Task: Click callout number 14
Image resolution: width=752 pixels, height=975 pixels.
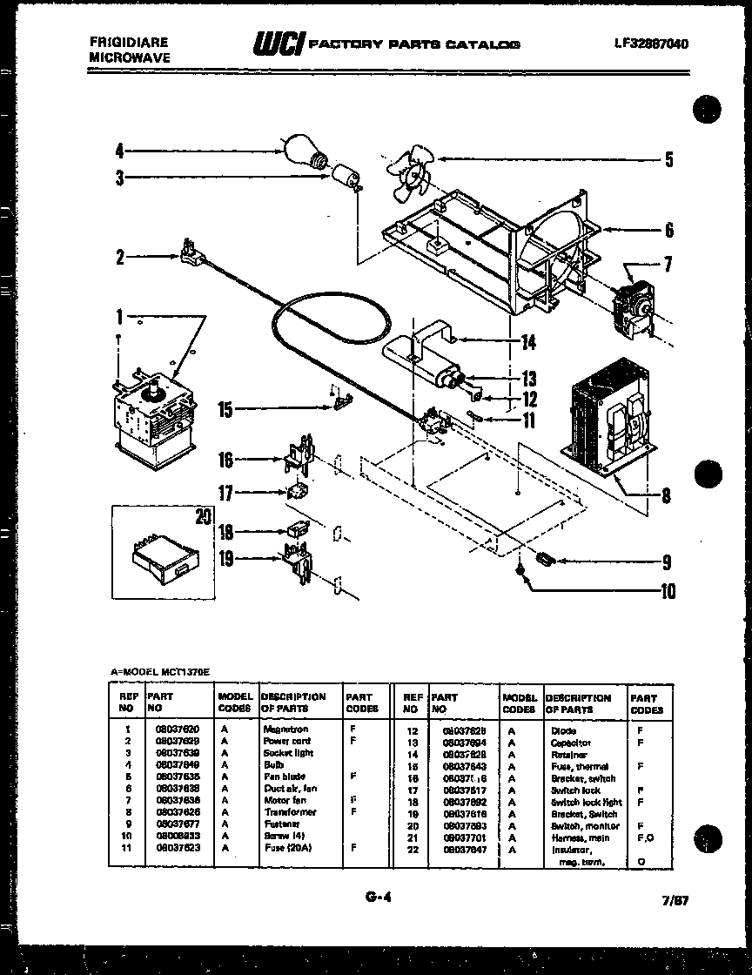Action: click(x=527, y=342)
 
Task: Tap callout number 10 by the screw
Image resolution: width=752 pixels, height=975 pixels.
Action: click(x=667, y=592)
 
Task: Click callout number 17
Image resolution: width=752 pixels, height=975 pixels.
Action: click(x=225, y=494)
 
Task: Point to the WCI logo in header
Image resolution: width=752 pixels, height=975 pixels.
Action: click(x=278, y=43)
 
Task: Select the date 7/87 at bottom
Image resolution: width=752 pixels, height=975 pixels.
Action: click(x=675, y=901)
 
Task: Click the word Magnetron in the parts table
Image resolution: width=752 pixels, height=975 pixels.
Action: click(x=285, y=729)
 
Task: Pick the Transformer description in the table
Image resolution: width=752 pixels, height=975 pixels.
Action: click(x=289, y=811)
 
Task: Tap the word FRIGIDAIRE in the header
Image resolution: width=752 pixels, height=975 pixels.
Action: click(x=129, y=42)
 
